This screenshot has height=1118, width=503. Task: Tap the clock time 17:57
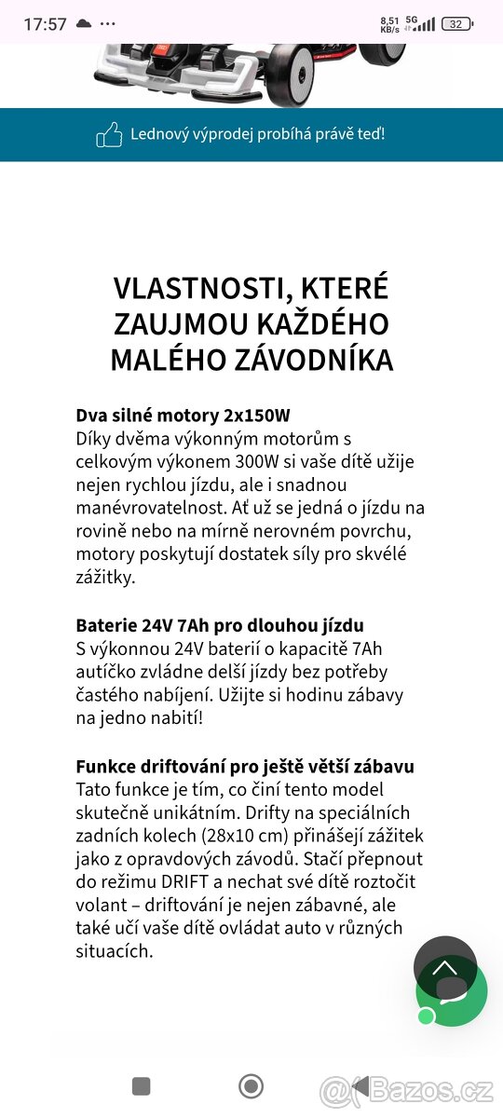coord(45,24)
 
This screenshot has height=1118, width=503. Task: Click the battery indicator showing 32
coord(456,24)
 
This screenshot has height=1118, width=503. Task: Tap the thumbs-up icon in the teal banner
coord(109,135)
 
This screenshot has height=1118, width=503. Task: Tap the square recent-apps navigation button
coord(142,1086)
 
